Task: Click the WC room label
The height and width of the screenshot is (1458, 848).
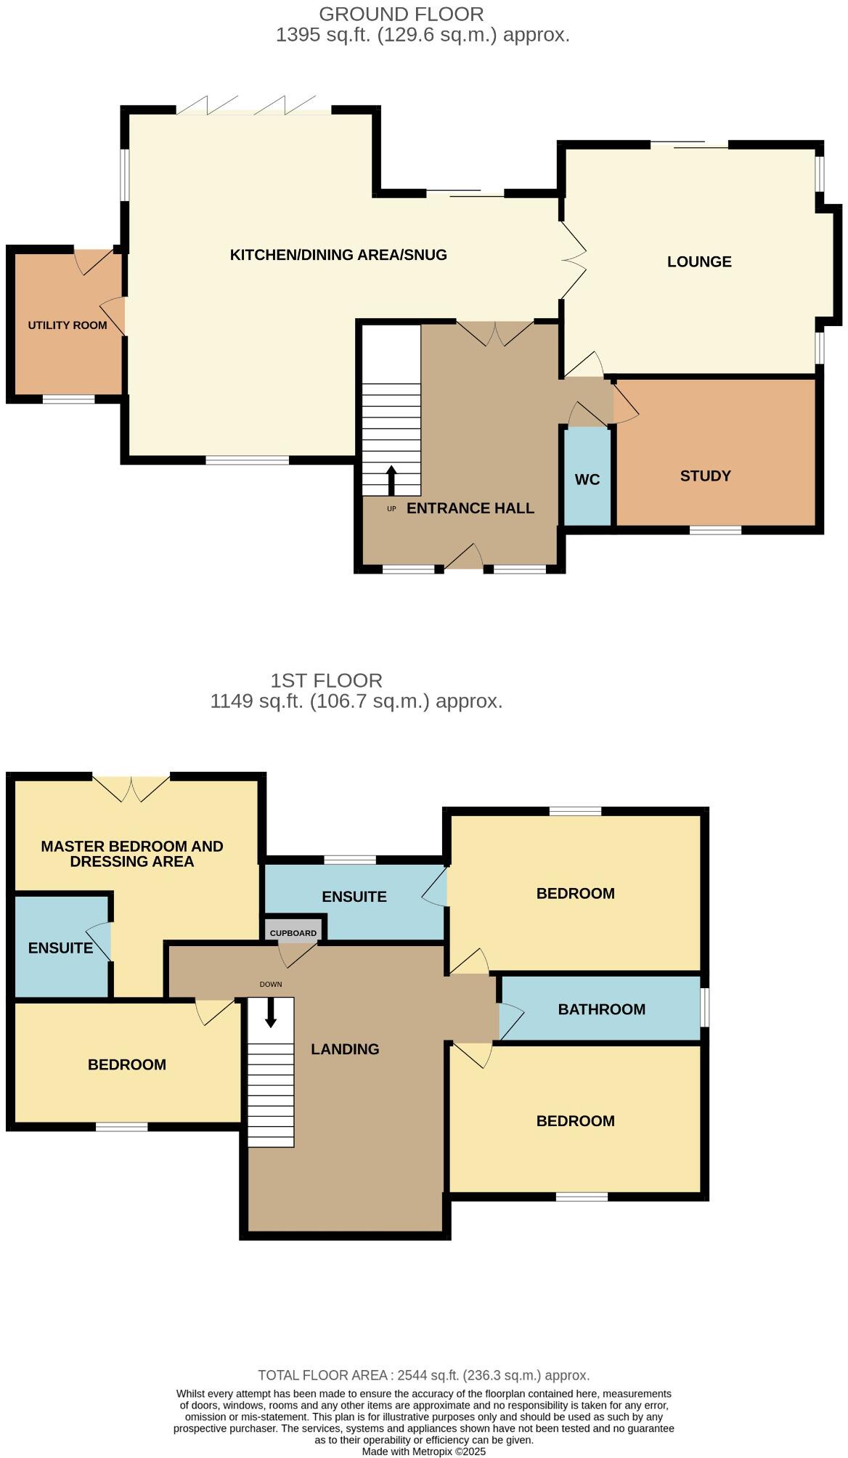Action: [587, 479]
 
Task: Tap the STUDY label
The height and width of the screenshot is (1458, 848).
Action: [705, 476]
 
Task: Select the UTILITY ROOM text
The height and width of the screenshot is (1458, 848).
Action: [68, 325]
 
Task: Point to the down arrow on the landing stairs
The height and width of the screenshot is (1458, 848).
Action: [271, 1012]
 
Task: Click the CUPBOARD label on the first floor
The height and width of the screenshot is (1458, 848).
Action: [293, 933]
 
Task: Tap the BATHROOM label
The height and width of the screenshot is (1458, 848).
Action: [601, 1009]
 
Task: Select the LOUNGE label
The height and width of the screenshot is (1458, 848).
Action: [699, 261]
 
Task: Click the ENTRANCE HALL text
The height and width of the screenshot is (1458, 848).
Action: [470, 508]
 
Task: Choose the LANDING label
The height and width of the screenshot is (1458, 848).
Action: [345, 1048]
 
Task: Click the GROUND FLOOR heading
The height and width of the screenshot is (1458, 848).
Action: [401, 14]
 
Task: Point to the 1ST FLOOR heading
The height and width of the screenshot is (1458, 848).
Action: [326, 680]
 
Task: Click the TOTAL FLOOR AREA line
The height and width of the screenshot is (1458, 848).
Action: [423, 1375]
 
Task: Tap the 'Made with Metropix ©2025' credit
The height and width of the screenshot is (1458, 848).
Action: [423, 1451]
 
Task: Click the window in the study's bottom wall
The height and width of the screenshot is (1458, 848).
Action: [715, 530]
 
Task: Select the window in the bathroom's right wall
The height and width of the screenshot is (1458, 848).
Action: [704, 1007]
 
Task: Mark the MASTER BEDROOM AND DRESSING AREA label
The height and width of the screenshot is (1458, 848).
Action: [131, 853]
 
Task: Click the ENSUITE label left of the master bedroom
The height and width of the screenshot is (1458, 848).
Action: [60, 948]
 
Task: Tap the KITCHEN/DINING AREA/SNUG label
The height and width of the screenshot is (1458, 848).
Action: [338, 255]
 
